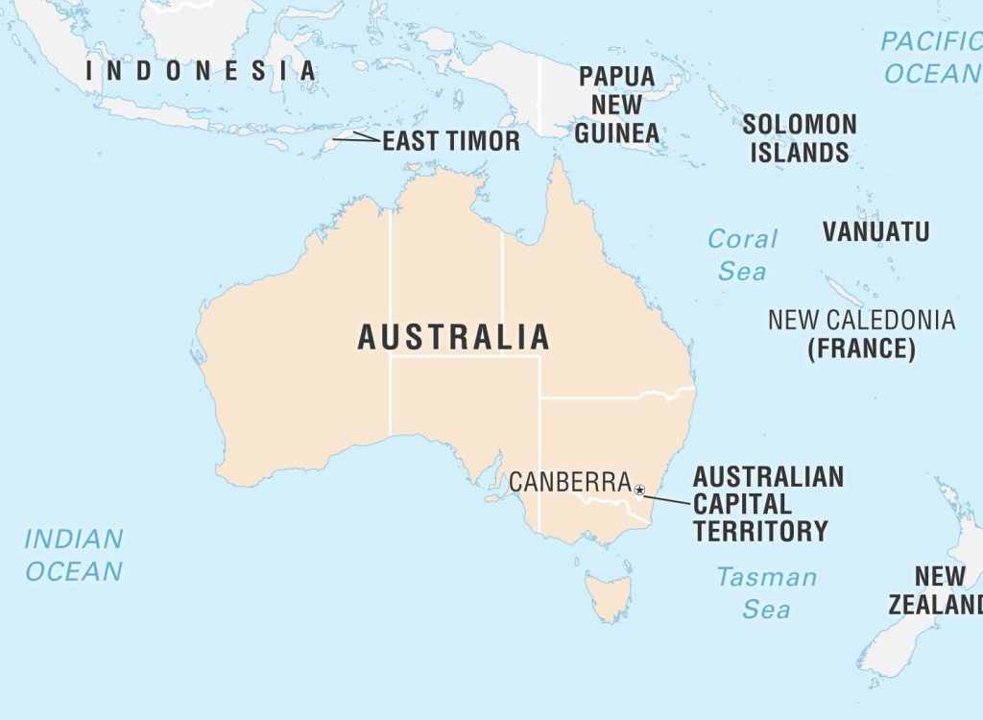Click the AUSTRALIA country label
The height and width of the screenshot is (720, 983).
[x=454, y=337]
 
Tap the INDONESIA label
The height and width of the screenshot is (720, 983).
[x=201, y=70]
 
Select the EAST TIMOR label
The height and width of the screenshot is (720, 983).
[x=451, y=142]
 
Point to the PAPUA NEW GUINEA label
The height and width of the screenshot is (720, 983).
[x=617, y=105]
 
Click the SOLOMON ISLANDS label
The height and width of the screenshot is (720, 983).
[x=799, y=138]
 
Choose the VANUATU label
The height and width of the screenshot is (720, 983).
[x=875, y=231]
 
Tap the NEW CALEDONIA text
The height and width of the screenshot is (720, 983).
[x=861, y=320]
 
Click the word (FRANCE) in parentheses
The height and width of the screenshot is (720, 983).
[x=861, y=348]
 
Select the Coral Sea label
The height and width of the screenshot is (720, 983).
[x=742, y=254]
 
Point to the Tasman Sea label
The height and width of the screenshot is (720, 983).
[x=766, y=592]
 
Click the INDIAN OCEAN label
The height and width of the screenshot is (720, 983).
[x=74, y=555]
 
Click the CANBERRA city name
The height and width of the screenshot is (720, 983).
[x=569, y=482]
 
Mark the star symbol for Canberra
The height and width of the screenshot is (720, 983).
[x=639, y=491]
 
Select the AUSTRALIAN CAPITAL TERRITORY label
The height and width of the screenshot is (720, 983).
[x=768, y=504]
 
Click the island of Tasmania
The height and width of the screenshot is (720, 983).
[x=609, y=593]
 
